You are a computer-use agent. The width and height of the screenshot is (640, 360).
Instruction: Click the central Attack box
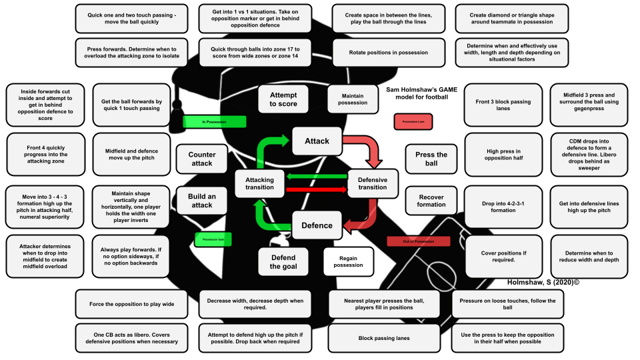[317, 141]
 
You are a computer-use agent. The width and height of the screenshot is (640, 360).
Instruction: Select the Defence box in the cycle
[317, 225]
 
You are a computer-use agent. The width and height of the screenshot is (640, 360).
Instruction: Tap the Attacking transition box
[259, 183]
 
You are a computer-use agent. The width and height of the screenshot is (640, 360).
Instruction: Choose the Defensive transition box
[372, 183]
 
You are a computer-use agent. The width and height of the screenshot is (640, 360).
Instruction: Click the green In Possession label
[215, 122]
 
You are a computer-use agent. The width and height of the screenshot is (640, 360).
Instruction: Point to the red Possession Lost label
[414, 122]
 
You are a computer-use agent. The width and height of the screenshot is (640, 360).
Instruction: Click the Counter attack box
[201, 159]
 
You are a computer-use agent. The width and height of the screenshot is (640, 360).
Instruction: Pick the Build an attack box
[201, 201]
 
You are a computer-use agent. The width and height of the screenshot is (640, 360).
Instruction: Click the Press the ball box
[431, 159]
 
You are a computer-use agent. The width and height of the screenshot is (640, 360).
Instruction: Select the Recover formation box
[431, 201]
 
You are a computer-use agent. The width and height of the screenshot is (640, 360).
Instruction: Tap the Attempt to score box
[283, 99]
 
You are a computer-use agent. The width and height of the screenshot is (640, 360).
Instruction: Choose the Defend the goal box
[283, 261]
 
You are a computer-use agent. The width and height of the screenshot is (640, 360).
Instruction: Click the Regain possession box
[347, 261]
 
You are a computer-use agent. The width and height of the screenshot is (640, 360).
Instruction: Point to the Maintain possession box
[353, 99]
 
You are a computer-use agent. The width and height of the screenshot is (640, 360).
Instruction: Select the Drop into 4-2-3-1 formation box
[503, 206]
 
